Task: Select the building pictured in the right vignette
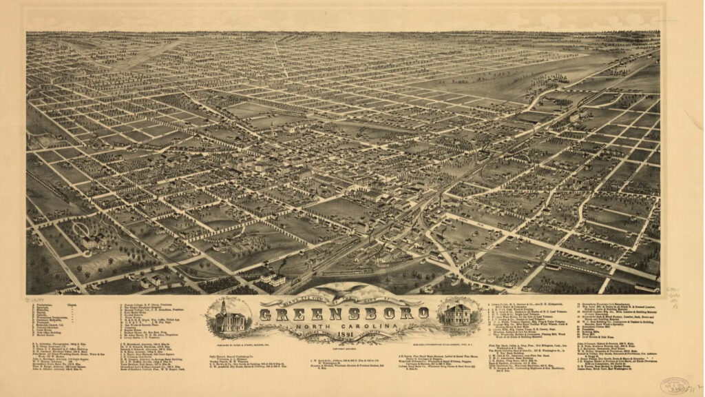pyautogui.click(x=457, y=314)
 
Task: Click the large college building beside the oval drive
pyautogui.click(x=92, y=242)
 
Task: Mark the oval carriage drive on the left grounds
pyautogui.click(x=81, y=229)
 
